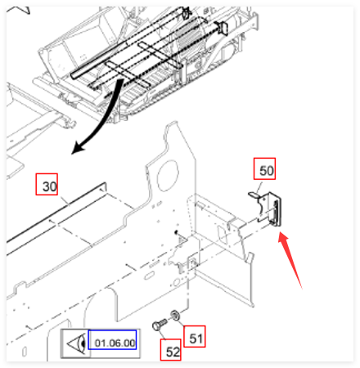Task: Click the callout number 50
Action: pos(266,171)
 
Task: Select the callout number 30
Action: pos(50,186)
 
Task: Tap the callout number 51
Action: pos(196,339)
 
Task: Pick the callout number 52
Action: pos(173,352)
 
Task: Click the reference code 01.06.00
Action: pos(115,343)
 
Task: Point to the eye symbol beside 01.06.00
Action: pos(77,343)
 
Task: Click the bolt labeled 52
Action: pos(159,325)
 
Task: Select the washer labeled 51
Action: pos(175,315)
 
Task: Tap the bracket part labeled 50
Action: pos(267,209)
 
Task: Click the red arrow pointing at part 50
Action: pos(290,259)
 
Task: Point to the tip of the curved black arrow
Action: pos(72,154)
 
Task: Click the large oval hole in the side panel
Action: pos(167,175)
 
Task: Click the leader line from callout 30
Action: pos(63,200)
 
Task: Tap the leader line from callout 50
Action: pos(259,188)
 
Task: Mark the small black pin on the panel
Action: pos(176,232)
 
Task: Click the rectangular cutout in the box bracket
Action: pos(223,234)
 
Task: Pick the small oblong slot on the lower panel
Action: pos(149,276)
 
